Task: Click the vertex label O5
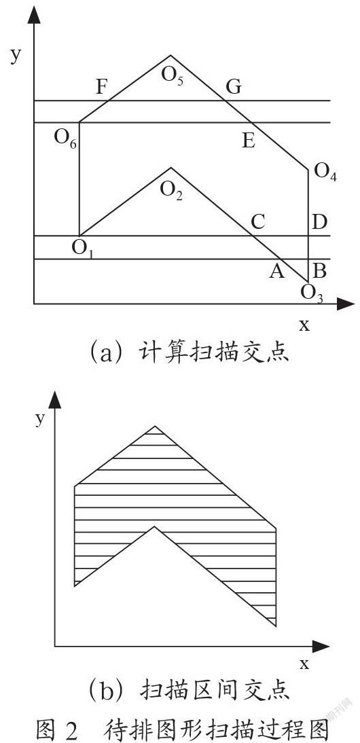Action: click(173, 76)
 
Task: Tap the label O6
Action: click(65, 138)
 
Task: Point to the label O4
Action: click(326, 172)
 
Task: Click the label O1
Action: click(83, 249)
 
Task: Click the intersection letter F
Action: click(102, 87)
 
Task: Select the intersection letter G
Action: click(234, 87)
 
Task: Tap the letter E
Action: click(249, 141)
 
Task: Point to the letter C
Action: click(257, 222)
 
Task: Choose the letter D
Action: click(320, 222)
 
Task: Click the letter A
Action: click(277, 272)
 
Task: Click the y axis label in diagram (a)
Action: click(16, 55)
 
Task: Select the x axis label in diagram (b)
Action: click(304, 663)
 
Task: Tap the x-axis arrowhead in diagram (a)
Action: click(346, 304)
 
